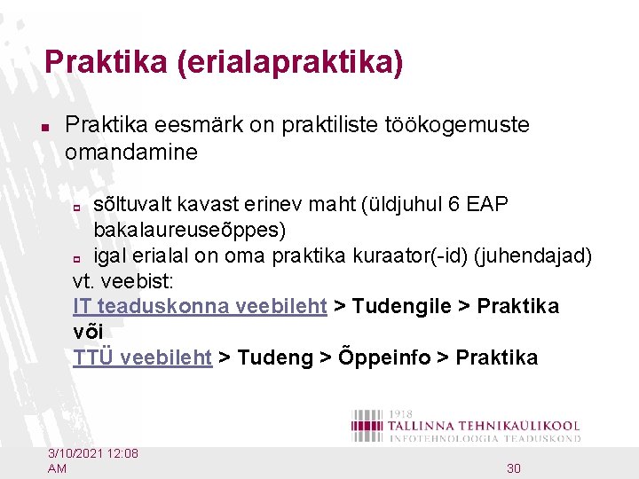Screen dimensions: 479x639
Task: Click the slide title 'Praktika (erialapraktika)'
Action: click(x=224, y=62)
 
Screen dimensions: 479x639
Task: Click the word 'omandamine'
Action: click(x=130, y=153)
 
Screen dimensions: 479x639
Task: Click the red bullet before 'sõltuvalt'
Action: click(x=78, y=207)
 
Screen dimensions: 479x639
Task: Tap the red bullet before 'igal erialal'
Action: click(x=78, y=258)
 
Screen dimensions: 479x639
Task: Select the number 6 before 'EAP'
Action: click(x=454, y=205)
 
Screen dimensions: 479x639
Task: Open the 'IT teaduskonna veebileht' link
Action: click(x=201, y=307)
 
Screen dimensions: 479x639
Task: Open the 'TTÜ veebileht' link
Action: click(x=142, y=358)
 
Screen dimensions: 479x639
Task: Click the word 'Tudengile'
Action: click(x=402, y=307)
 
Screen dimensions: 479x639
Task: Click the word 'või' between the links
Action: click(x=88, y=333)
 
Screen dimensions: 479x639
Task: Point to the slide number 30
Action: click(x=514, y=467)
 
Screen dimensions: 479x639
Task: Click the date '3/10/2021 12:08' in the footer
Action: click(x=93, y=454)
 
